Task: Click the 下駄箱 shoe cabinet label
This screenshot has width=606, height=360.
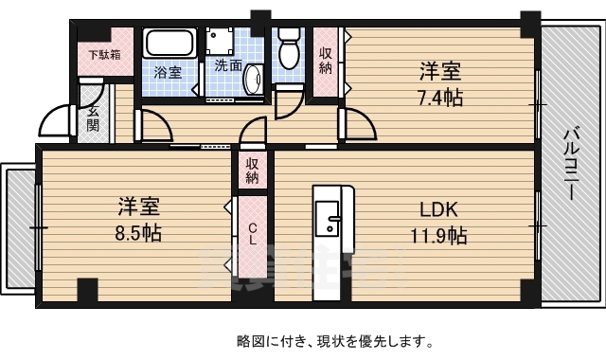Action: pos(104,54)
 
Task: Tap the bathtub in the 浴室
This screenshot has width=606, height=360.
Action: pos(169,44)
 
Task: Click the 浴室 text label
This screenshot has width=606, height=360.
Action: pos(168,72)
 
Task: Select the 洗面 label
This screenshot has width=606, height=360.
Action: pos(227,66)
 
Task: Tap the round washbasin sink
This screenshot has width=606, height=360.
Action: pos(254,81)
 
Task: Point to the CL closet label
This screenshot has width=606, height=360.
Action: pos(253,233)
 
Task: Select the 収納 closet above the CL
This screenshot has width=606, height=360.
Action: pos(253,171)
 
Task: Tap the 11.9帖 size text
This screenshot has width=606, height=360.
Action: pos(437,235)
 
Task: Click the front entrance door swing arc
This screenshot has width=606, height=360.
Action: pos(55,121)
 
